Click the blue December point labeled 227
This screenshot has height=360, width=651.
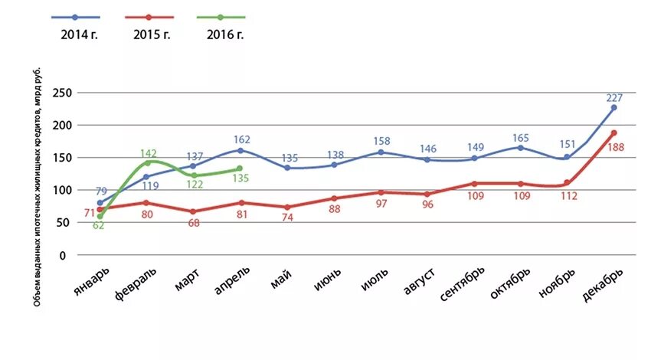613,108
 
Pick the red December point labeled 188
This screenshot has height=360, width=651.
613,133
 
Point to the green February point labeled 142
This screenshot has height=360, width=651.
147,162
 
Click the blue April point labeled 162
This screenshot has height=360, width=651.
240,150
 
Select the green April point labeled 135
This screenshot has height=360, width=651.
240,169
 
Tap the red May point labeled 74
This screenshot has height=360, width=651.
287,207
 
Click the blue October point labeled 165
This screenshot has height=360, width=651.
520,148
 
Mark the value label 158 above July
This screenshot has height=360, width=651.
381,141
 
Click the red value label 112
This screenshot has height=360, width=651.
568,195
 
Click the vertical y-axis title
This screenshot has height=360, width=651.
38,188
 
